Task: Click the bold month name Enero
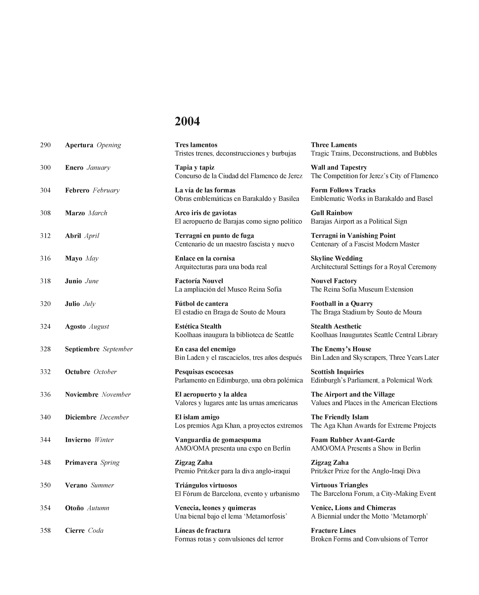point(74,168)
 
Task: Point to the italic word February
point(106,190)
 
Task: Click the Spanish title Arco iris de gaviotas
point(206,213)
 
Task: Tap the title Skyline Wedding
point(337,258)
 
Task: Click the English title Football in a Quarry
point(342,304)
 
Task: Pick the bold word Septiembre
point(82,349)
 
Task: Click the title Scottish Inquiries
point(337,372)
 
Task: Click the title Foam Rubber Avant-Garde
point(353,440)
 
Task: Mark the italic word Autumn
point(98,508)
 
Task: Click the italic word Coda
point(96,531)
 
